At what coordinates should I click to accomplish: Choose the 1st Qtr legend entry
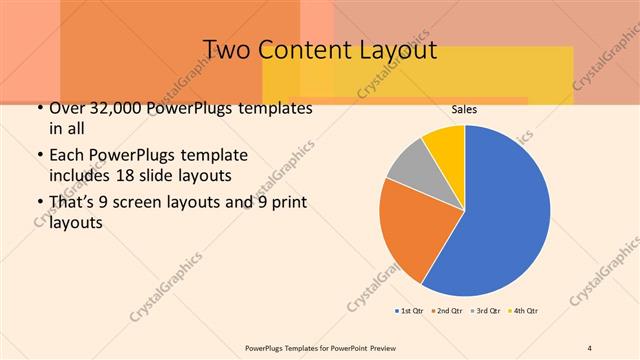[412, 310]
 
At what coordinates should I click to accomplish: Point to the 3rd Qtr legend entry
[486, 310]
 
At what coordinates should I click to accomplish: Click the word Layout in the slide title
[393, 49]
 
